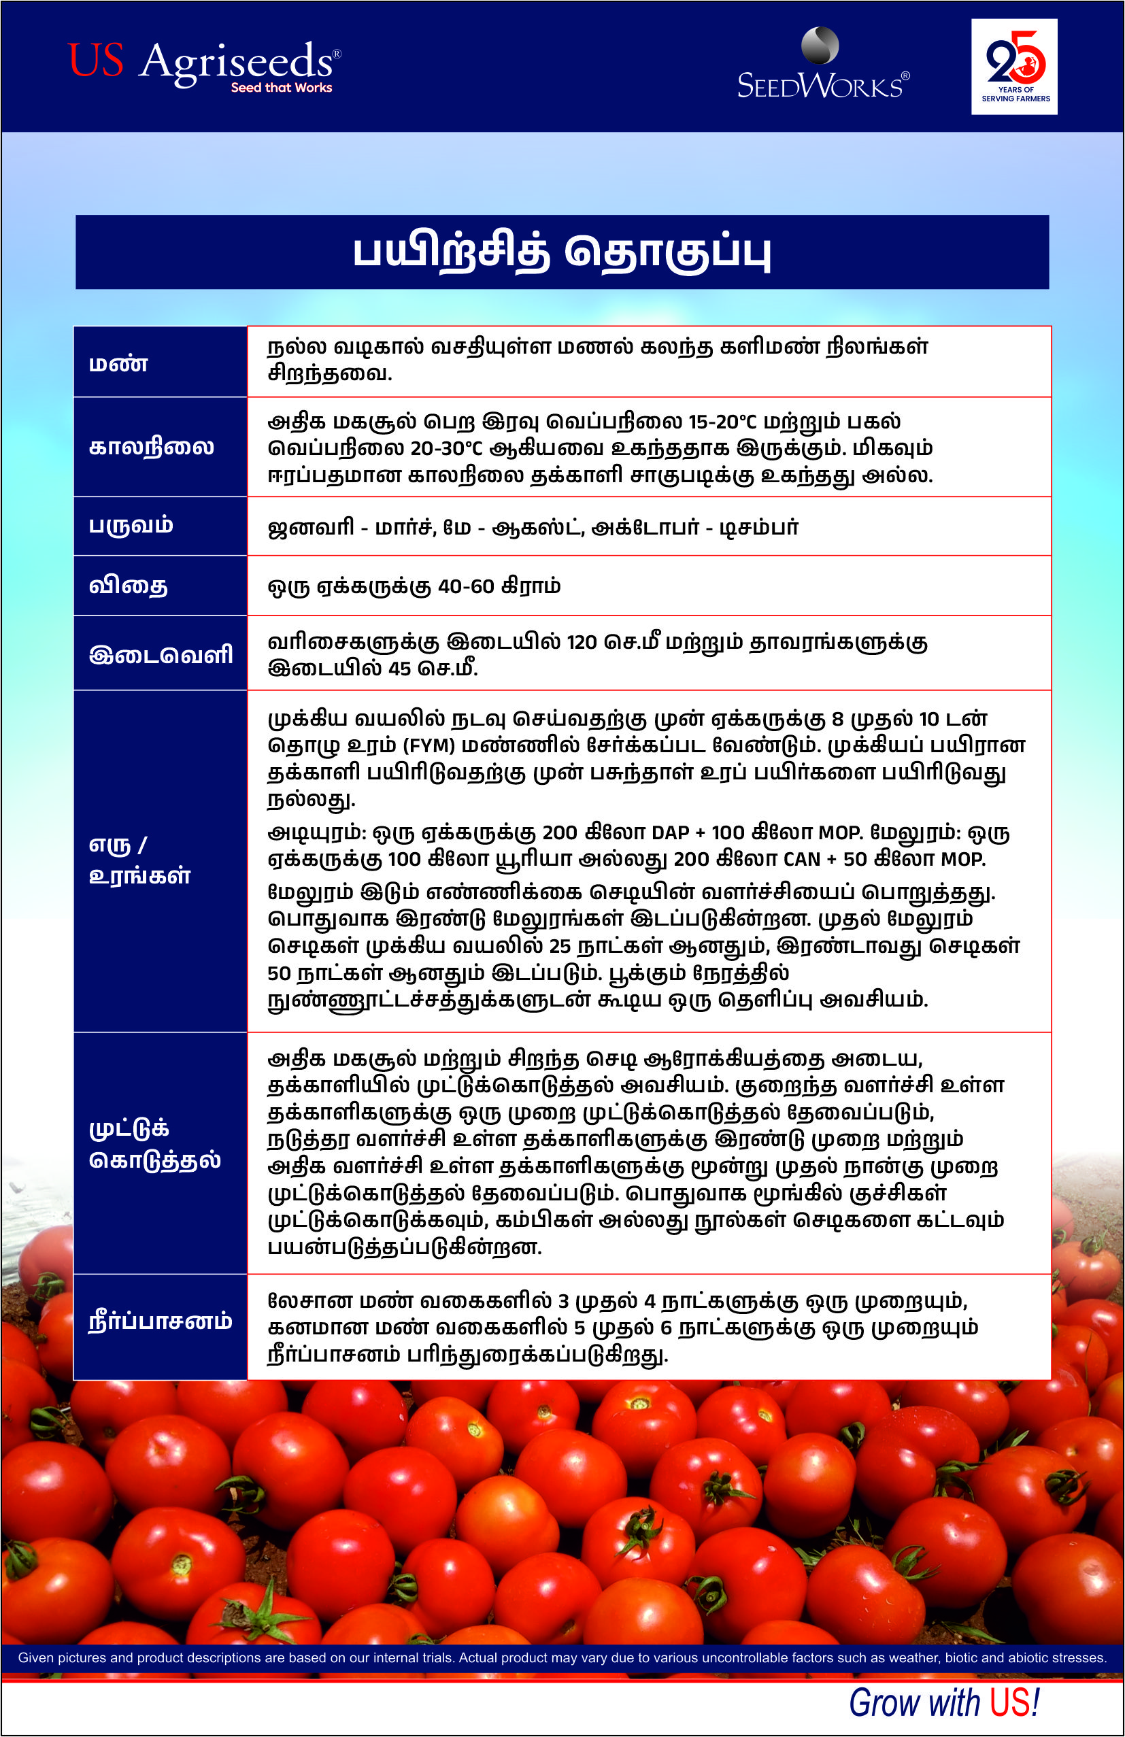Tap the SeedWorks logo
click(x=823, y=66)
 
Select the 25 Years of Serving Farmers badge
click(x=1013, y=67)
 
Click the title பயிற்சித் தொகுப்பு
click(x=561, y=252)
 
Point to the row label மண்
click(x=118, y=362)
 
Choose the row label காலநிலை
click(x=151, y=447)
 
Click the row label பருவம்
click(x=131, y=526)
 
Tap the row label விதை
click(x=129, y=586)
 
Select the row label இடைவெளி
click(x=161, y=653)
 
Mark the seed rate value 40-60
click(x=467, y=586)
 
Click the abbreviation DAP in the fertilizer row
click(x=669, y=832)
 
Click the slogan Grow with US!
click(x=943, y=1702)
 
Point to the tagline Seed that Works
click(x=281, y=88)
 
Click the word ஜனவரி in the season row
click(x=311, y=527)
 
